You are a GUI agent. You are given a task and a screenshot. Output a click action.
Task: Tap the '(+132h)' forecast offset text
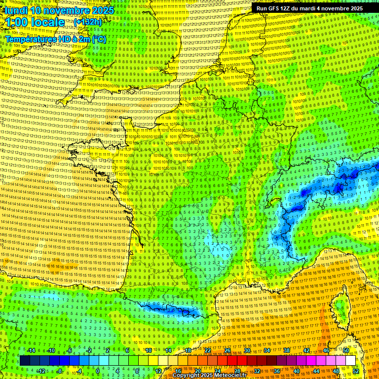(x=88, y=22)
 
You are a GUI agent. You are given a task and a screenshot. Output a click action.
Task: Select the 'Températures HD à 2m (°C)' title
(x=55, y=39)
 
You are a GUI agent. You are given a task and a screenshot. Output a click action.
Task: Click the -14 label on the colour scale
(x=31, y=350)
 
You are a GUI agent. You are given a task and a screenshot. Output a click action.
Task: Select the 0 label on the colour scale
(x=98, y=371)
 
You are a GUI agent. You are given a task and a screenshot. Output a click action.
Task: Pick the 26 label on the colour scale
(x=227, y=350)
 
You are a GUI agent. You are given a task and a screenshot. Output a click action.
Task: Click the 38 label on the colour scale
(x=286, y=350)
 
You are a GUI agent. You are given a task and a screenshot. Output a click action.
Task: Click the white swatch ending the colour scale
(x=350, y=361)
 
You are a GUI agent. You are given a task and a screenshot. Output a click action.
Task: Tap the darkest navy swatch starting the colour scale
(x=25, y=361)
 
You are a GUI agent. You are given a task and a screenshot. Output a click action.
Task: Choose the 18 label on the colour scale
(x=188, y=350)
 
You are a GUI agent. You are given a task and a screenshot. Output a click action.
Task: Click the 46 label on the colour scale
(x=326, y=350)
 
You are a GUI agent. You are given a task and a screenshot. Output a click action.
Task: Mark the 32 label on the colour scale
(x=257, y=371)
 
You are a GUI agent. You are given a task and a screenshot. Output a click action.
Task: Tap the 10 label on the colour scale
(x=148, y=350)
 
